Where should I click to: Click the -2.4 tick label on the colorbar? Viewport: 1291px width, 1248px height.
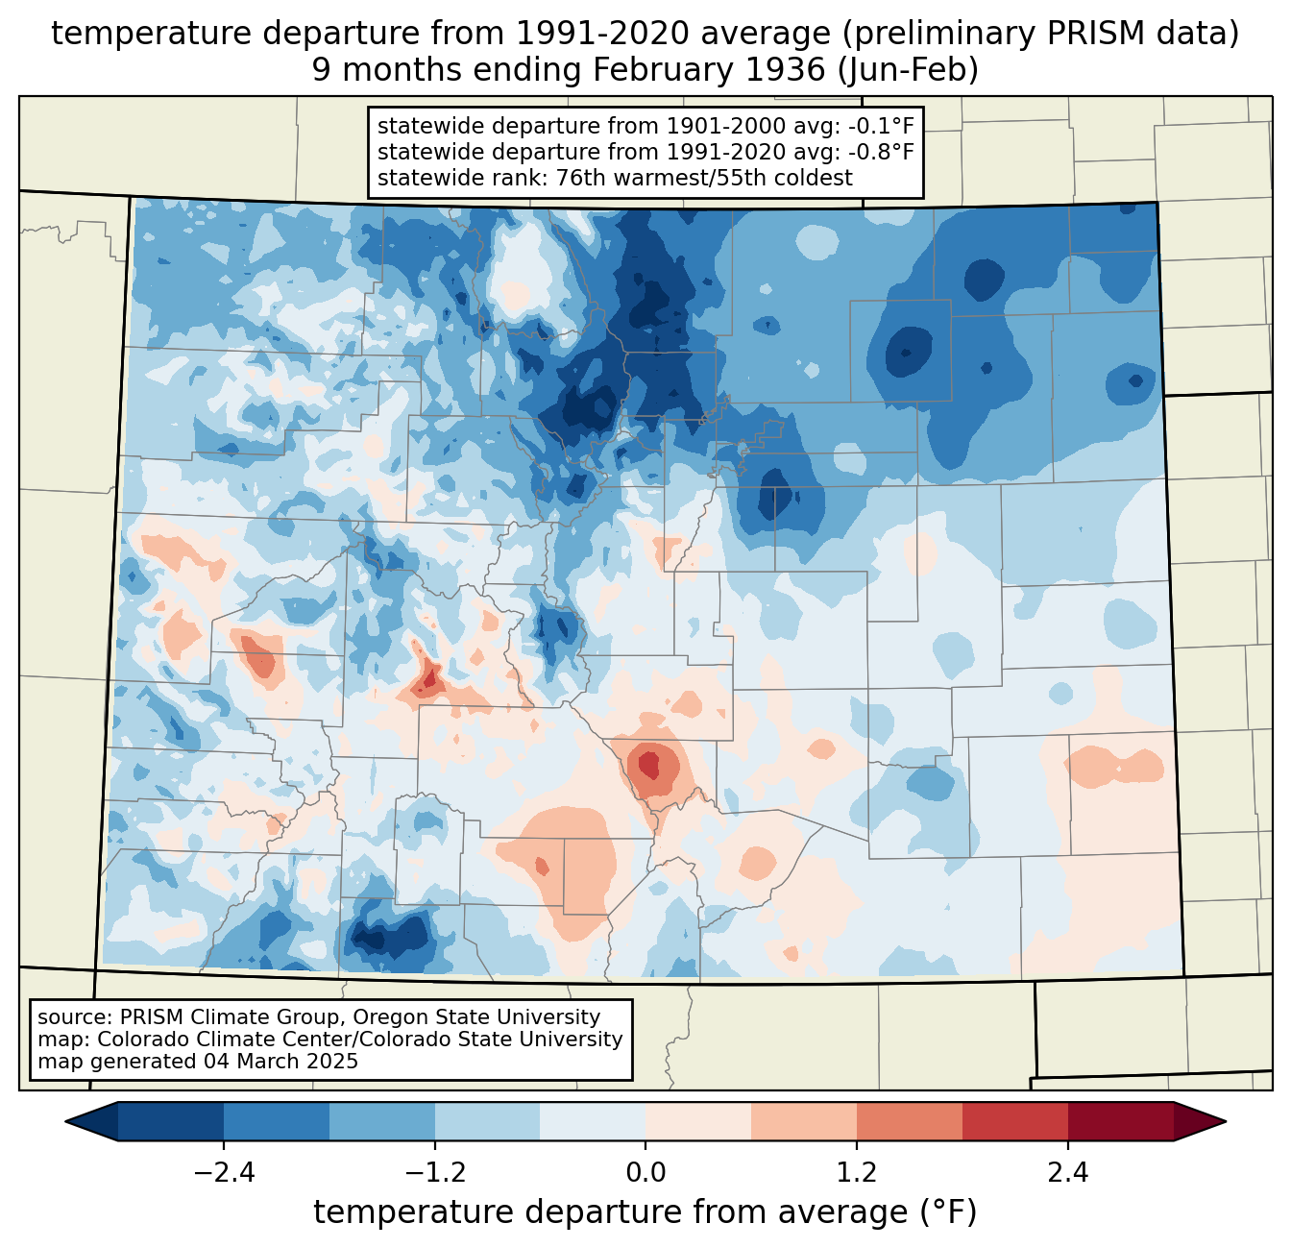tap(224, 1173)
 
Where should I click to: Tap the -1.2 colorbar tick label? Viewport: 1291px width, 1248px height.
tap(435, 1173)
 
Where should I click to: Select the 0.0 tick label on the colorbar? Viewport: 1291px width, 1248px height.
tap(645, 1173)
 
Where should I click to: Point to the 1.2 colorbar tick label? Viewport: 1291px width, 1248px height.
tap(857, 1173)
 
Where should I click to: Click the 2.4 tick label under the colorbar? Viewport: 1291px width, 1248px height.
tap(1067, 1173)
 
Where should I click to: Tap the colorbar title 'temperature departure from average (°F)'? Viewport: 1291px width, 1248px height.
tap(645, 1212)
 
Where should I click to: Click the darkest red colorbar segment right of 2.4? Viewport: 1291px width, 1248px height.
tap(1120, 1121)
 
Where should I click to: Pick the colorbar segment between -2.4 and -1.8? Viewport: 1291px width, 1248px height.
tap(277, 1121)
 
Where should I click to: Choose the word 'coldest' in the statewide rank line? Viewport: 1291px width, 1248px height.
tap(815, 178)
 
